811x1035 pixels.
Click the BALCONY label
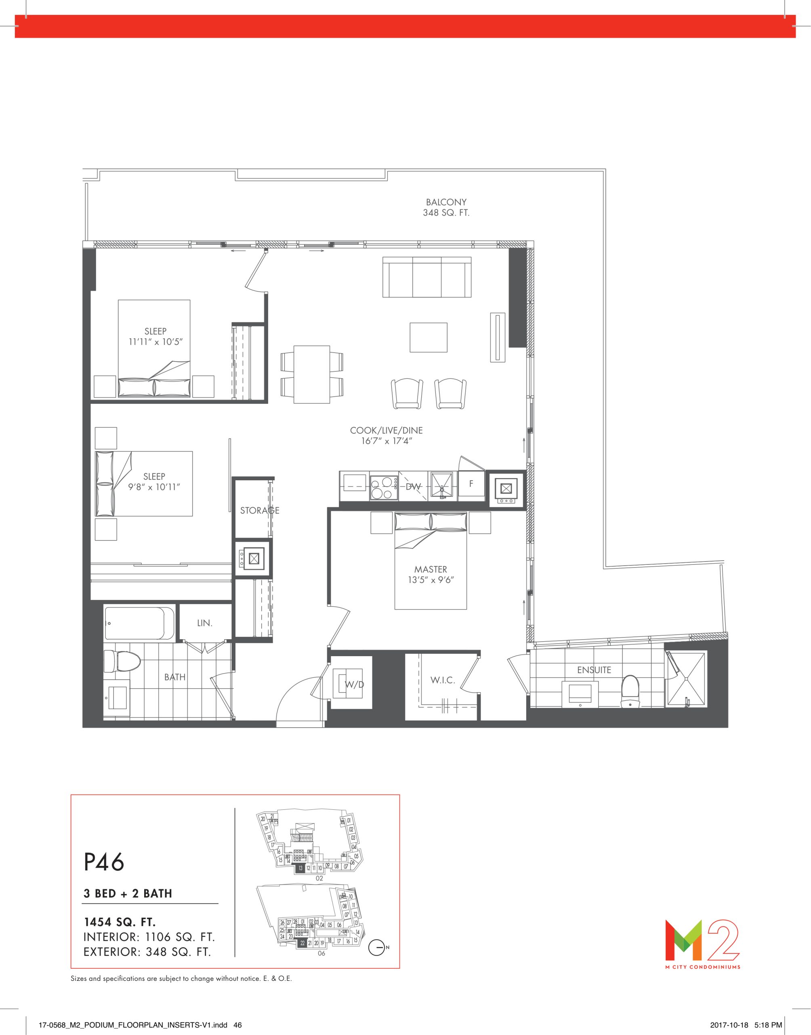point(446,202)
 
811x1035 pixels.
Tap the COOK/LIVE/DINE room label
point(386,431)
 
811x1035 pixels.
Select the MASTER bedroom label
point(431,569)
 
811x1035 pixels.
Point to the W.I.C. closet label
point(443,680)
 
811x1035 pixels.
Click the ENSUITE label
point(594,670)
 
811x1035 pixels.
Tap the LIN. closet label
point(205,623)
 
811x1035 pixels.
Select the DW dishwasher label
point(413,487)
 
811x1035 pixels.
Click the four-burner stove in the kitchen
point(384,486)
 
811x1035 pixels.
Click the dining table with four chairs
point(311,374)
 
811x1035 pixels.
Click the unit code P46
point(104,862)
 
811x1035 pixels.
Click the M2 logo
point(702,938)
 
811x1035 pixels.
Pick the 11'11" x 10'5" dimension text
point(155,342)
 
